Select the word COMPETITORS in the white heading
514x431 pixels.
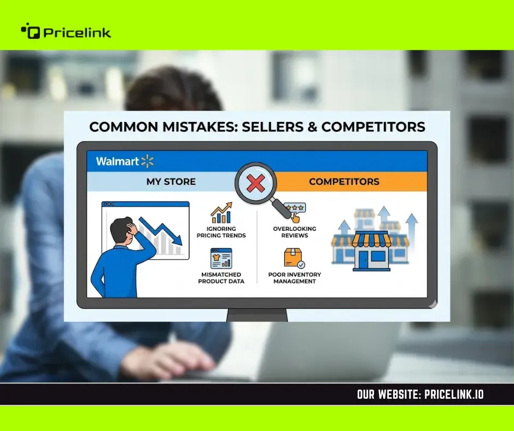373,127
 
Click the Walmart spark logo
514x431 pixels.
147,161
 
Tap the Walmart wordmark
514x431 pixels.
118,161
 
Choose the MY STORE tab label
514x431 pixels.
171,182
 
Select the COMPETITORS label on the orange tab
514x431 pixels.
344,182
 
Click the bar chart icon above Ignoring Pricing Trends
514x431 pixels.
221,213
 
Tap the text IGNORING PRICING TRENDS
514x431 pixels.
221,232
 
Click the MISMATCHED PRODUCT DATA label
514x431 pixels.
221,278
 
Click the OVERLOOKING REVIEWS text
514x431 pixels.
295,232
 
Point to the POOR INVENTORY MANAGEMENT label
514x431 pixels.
295,278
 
